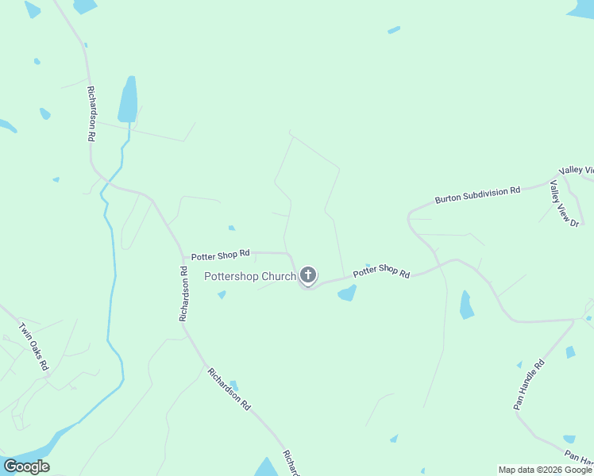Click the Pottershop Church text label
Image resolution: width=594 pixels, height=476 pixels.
pos(250,277)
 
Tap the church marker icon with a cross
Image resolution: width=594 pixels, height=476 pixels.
pos(308,275)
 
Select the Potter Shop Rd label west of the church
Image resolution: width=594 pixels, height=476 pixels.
pos(220,254)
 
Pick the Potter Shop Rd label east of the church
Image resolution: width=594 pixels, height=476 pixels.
pos(381,272)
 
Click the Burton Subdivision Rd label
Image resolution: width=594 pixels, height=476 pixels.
pos(477,195)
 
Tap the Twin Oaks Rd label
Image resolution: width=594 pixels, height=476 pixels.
pos(34,347)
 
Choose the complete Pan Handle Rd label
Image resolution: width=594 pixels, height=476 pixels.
pos(529,385)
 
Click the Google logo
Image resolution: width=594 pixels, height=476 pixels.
pos(26,466)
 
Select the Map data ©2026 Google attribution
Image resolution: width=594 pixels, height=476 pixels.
pos(546,470)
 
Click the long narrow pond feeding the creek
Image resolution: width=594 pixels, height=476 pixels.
pos(127,100)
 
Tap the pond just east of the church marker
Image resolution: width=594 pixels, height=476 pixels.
pos(347,294)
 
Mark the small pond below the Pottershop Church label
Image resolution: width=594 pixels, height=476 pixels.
pos(222,295)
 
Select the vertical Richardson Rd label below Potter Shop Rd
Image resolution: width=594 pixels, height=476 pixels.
pos(183,294)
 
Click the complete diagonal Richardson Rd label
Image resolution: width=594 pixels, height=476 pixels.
pos(229,388)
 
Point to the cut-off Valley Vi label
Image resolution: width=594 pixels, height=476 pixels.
pos(577,171)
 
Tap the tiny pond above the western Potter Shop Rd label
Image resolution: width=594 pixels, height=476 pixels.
pos(231,228)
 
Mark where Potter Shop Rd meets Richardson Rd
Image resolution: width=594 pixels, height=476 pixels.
pos(183,255)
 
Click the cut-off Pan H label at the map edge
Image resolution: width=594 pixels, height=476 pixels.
pos(579,458)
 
